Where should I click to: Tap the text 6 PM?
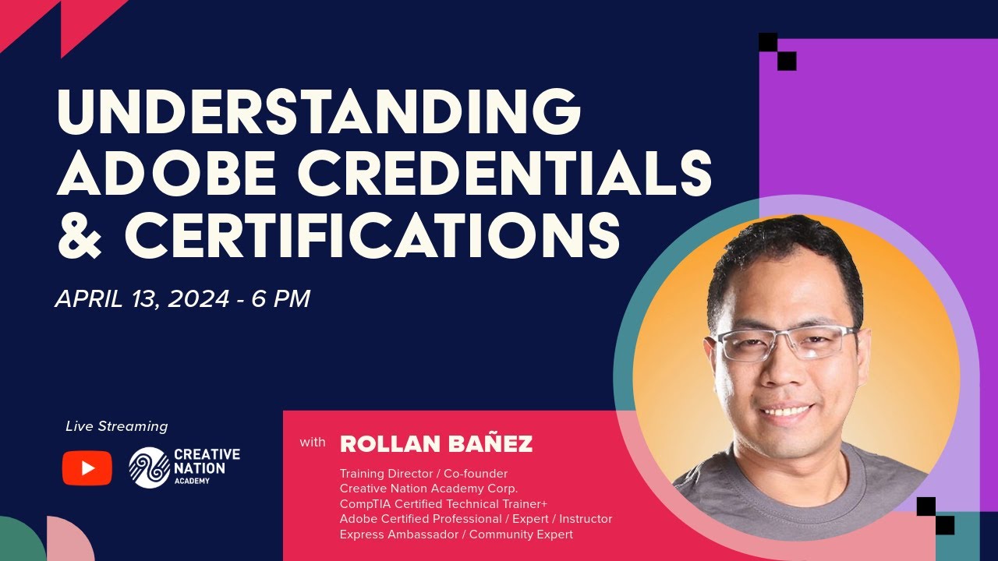tap(281, 298)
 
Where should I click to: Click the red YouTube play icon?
tap(87, 468)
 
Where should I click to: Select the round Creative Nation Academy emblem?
tap(149, 467)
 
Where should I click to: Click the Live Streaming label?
tap(117, 426)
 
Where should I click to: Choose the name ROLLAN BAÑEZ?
tap(436, 444)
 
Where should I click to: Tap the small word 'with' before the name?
tap(313, 443)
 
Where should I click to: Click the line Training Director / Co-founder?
tap(423, 473)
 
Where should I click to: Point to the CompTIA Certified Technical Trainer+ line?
tap(443, 503)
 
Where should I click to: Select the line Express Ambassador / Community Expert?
tap(456, 535)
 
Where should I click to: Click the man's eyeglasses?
tap(787, 343)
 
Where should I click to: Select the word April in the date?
tap(85, 298)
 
